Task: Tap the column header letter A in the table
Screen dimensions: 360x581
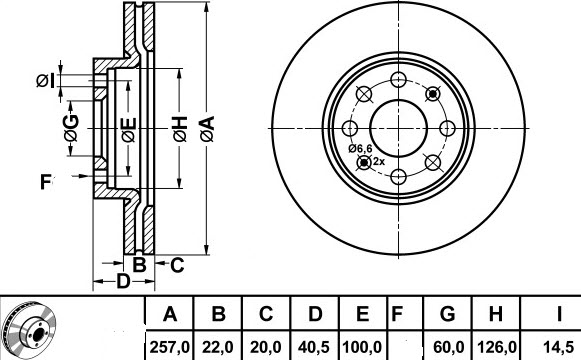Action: click(x=171, y=316)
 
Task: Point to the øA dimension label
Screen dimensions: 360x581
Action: click(x=206, y=128)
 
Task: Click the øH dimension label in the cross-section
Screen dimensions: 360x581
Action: click(x=180, y=128)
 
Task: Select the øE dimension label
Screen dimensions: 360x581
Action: click(x=128, y=130)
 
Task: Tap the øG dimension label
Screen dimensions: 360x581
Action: click(x=70, y=126)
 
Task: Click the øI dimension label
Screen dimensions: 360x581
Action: click(x=46, y=80)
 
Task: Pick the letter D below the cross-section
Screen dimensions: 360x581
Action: click(x=122, y=282)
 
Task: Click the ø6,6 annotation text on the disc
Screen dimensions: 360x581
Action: click(x=361, y=149)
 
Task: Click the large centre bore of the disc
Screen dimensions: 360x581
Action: click(x=398, y=127)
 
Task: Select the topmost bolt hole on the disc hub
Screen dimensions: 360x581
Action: click(x=398, y=77)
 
